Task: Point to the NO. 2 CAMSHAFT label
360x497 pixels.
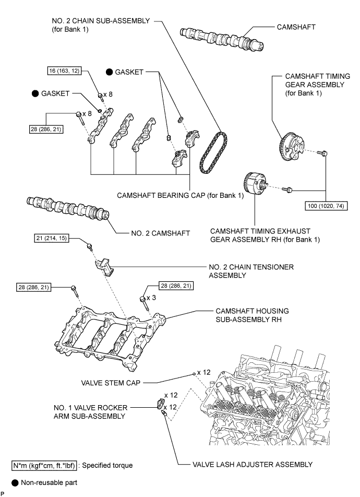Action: (160, 233)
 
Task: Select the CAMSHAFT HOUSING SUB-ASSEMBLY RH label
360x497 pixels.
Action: (252, 315)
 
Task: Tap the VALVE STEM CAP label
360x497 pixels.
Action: (111, 383)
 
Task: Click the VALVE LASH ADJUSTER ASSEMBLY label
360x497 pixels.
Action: (253, 464)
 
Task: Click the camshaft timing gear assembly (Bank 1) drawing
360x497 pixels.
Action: (291, 147)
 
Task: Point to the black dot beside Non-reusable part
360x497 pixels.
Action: (15, 483)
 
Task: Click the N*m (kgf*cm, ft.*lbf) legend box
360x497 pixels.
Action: (44, 465)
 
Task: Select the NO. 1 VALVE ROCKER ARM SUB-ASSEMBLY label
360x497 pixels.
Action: (90, 412)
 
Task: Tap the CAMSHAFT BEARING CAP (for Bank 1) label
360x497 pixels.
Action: (181, 195)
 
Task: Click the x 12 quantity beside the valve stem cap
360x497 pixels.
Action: (203, 372)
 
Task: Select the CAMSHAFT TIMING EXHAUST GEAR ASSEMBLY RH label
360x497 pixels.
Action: (265, 235)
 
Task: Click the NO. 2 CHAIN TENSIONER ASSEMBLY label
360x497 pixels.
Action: (251, 271)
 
